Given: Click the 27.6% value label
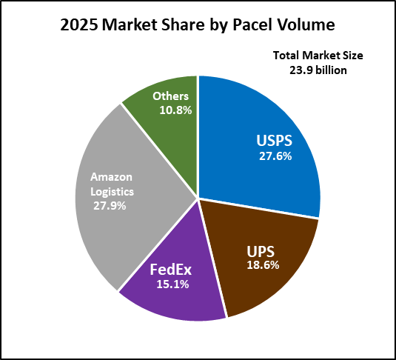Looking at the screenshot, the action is point(275,156).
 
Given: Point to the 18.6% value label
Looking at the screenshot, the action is point(263,265).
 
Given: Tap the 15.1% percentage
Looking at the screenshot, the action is point(172,284).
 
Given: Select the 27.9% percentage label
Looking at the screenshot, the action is point(110,206).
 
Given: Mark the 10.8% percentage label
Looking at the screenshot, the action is point(175,110).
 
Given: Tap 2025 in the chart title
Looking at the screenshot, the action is point(79,25).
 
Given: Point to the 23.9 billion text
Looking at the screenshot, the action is point(318,70).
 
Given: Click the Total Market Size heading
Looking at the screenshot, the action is point(318,56).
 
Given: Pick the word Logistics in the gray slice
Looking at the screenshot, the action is point(112,192).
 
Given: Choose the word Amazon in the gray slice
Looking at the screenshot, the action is point(111,177).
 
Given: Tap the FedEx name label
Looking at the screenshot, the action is point(171,270).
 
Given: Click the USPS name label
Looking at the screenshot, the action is point(275,140).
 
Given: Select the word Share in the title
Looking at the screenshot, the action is point(184,24).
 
